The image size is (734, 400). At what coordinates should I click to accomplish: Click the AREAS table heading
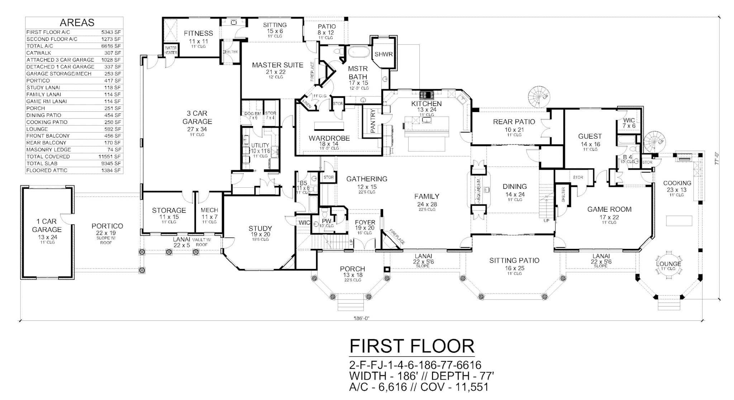pyautogui.click(x=77, y=23)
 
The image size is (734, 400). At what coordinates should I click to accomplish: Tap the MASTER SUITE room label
pyautogui.click(x=277, y=65)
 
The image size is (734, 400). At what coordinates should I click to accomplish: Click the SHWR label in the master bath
pyautogui.click(x=383, y=54)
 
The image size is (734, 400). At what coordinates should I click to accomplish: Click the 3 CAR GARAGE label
pyautogui.click(x=197, y=117)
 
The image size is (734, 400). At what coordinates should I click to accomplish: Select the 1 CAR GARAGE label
pyautogui.click(x=47, y=226)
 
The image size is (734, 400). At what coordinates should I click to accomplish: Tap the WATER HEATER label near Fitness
pyautogui.click(x=171, y=50)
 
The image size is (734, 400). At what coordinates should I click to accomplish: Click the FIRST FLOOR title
pyautogui.click(x=412, y=346)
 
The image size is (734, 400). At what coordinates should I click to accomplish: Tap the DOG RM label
pyautogui.click(x=253, y=114)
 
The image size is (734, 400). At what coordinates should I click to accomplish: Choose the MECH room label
pyautogui.click(x=209, y=210)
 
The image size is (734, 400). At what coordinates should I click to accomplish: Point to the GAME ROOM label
pyautogui.click(x=609, y=209)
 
